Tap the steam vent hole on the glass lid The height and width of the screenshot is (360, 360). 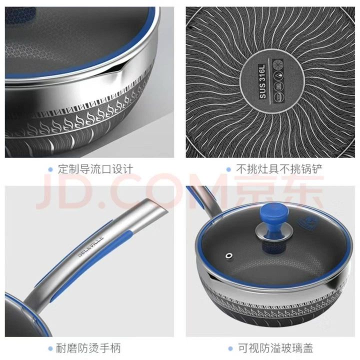(229, 255)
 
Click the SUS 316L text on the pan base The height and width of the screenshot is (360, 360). (262, 81)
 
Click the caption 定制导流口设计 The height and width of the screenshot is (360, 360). (95, 169)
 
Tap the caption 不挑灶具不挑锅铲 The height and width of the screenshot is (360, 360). (279, 169)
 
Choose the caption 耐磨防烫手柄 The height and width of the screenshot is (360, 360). (88, 348)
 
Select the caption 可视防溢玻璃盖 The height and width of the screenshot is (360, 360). (275, 348)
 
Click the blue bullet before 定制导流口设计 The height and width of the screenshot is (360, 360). (50, 169)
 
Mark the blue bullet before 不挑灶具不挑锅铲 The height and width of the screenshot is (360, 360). (228, 169)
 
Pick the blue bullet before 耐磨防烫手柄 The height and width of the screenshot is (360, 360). (50, 349)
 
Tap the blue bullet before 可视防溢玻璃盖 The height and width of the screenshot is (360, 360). (230, 349)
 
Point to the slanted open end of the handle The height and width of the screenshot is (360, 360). (159, 205)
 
